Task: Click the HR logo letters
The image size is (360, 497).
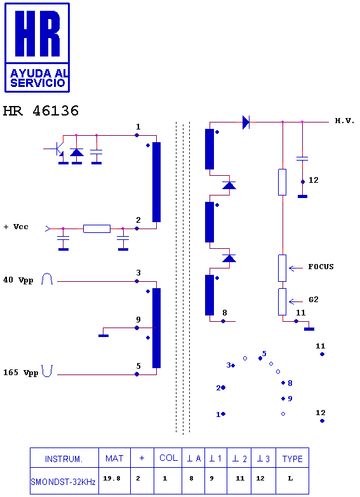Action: click(x=37, y=33)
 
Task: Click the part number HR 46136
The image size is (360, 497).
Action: click(x=41, y=111)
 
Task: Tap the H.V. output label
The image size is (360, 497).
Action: click(x=345, y=121)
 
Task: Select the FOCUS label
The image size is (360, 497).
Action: click(x=321, y=267)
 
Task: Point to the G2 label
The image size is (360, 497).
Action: click(x=314, y=300)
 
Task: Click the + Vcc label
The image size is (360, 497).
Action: click(x=16, y=227)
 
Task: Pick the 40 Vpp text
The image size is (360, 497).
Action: click(x=18, y=280)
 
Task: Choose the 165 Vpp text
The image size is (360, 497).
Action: click(x=20, y=373)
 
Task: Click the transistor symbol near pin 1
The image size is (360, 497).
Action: click(x=57, y=149)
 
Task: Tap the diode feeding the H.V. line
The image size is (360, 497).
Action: click(x=246, y=122)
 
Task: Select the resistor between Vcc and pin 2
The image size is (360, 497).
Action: click(x=97, y=229)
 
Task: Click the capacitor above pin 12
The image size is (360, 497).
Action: click(x=302, y=158)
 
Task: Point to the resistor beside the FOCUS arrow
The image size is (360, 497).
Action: click(x=283, y=268)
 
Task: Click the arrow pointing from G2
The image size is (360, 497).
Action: click(x=296, y=302)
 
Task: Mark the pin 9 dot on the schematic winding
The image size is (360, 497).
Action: click(x=137, y=328)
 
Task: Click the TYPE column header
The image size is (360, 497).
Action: click(x=293, y=459)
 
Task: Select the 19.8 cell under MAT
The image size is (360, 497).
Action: click(x=112, y=479)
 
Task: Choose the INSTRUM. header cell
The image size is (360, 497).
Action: click(x=63, y=459)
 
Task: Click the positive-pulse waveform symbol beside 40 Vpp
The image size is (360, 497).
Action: click(x=47, y=279)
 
